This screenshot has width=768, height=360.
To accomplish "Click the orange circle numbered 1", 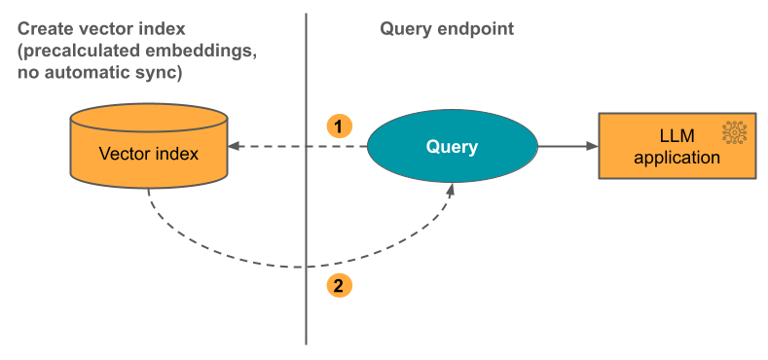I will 338,126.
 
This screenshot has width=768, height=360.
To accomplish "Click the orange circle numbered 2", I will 338,286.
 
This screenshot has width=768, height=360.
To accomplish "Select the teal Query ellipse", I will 452,147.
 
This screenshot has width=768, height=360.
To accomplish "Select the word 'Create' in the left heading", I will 44,29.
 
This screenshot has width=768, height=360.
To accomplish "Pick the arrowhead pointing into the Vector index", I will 234,147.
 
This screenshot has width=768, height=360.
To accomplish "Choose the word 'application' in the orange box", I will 677,157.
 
